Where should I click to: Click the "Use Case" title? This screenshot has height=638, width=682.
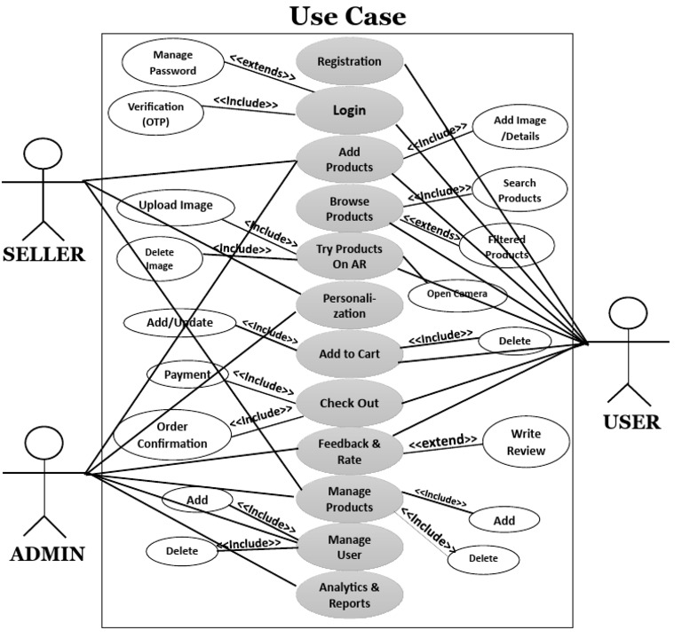(347, 15)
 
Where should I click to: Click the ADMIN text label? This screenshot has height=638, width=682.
(47, 555)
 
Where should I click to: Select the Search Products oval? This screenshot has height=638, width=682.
(519, 190)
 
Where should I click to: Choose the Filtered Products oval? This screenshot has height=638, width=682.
(506, 246)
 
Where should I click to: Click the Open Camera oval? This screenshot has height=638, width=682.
(458, 294)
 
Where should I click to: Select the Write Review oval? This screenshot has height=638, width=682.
(526, 442)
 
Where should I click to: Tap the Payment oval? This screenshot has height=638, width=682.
(187, 374)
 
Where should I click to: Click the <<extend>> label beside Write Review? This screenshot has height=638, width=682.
(442, 440)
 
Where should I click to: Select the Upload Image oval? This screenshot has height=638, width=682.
(176, 206)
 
